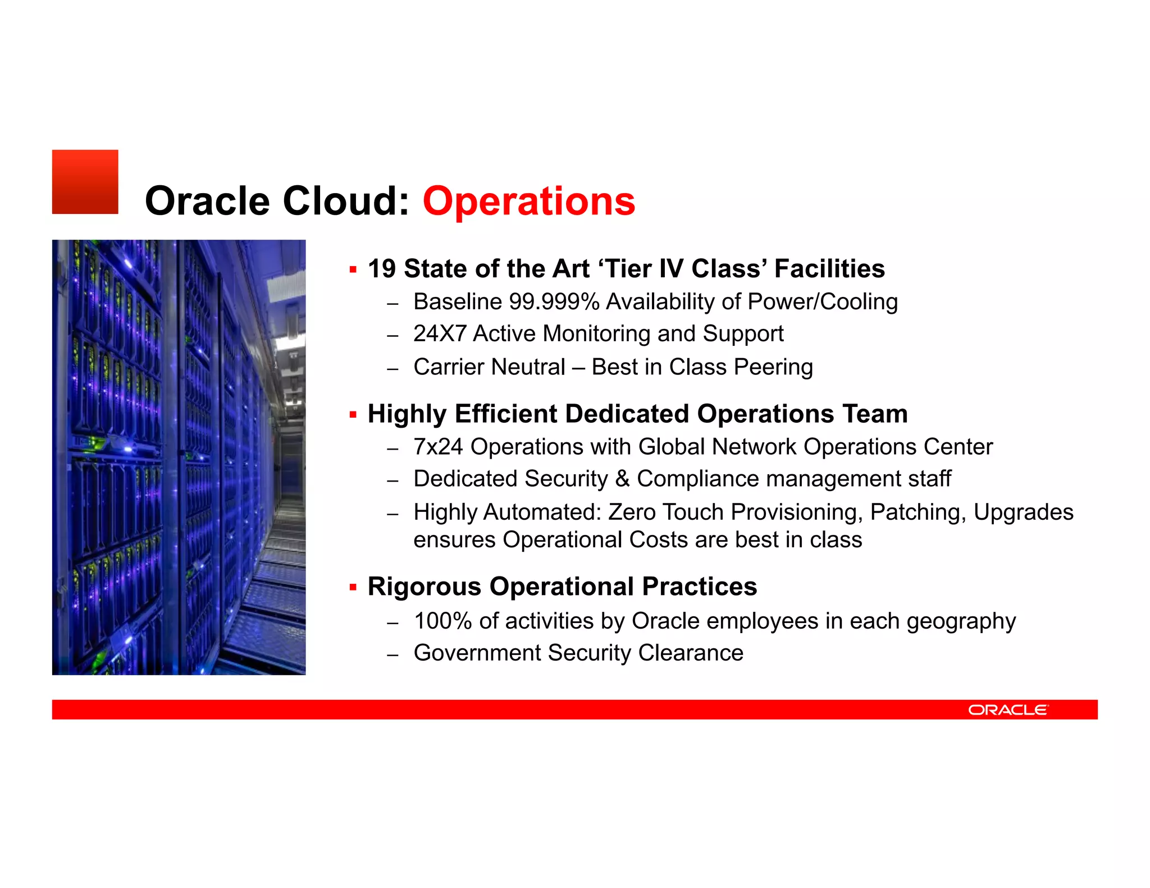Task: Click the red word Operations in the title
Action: pos(528,201)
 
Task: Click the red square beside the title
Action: pos(85,182)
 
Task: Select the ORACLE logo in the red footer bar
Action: pos(1008,710)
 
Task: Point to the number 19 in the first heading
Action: pos(382,269)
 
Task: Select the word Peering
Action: pos(773,368)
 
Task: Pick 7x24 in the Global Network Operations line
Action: pos(438,447)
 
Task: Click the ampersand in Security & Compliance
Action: pos(622,479)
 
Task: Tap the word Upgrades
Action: pos(1023,512)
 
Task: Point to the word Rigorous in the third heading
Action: pos(425,587)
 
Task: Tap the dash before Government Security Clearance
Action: pos(393,654)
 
